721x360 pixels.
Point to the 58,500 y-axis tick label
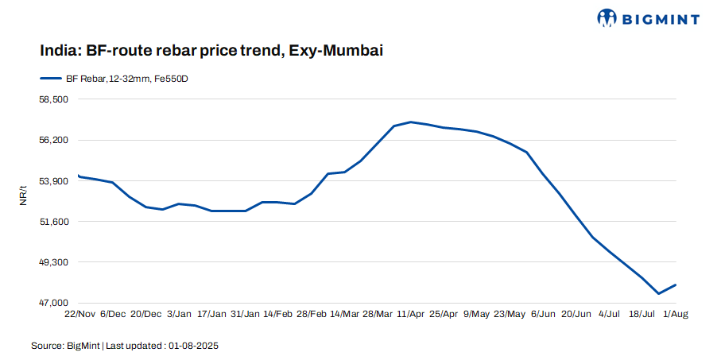(x=55, y=99)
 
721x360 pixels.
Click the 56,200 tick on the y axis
(x=55, y=140)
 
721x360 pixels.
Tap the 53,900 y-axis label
(x=55, y=181)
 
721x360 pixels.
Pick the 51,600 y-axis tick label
(x=55, y=222)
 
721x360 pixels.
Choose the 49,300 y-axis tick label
(x=55, y=262)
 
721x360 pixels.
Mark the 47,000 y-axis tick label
(x=55, y=303)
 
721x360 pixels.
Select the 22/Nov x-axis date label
(x=80, y=315)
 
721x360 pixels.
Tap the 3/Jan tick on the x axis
(x=180, y=315)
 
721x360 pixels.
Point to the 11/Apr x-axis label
(x=411, y=315)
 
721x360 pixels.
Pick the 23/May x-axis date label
(x=510, y=315)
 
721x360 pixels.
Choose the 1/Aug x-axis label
(x=676, y=315)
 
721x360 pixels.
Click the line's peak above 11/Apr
(x=411, y=122)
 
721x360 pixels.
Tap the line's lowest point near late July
(x=659, y=293)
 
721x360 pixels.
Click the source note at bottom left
(x=125, y=346)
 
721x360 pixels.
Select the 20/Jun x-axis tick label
(x=576, y=315)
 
